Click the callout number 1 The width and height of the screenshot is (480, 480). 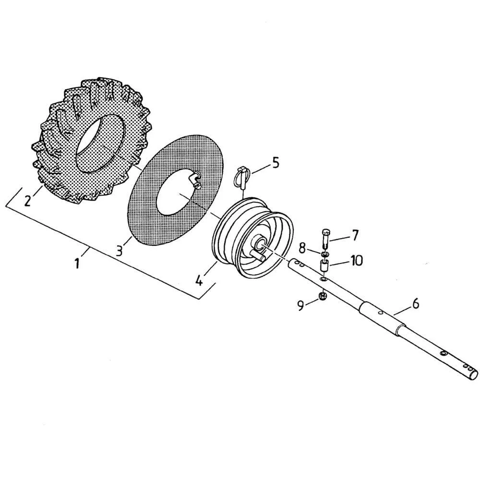[x=77, y=264]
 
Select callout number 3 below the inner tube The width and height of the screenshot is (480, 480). [x=120, y=250]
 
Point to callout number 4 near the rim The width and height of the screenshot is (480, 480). [x=200, y=279]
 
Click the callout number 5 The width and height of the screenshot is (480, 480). [x=275, y=163]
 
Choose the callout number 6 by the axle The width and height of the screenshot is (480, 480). [x=416, y=303]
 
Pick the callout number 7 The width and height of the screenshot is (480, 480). [x=355, y=235]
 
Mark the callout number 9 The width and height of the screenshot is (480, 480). [x=301, y=306]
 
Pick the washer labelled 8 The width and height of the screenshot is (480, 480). [x=325, y=253]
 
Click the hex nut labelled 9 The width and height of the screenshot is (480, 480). [x=323, y=296]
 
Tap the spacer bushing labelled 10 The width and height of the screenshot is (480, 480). [x=324, y=265]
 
